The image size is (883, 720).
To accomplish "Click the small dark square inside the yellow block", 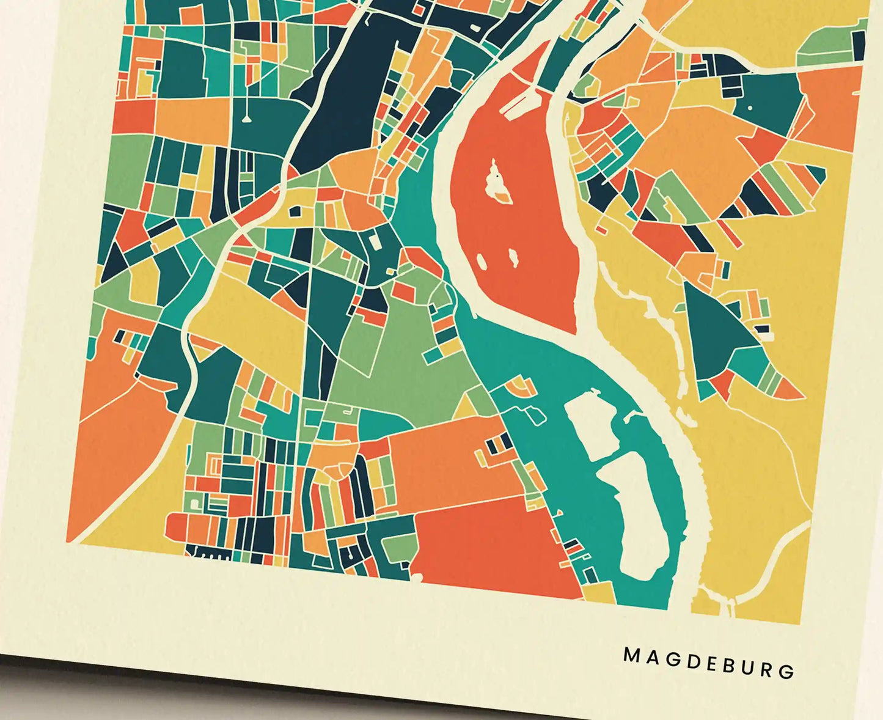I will tap(295, 211).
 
